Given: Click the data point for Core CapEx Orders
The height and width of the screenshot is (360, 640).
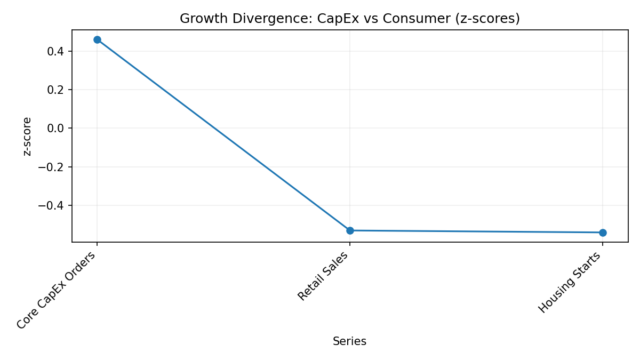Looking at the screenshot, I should [x=97, y=39].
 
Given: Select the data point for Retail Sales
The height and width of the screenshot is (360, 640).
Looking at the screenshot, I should [x=350, y=230].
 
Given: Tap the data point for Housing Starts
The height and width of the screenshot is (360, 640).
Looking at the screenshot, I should [x=603, y=233].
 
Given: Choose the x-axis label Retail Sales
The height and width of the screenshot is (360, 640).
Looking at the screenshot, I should [x=323, y=276].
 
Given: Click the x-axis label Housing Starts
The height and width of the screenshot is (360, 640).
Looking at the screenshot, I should [x=570, y=282].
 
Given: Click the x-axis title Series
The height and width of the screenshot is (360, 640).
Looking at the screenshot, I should [x=349, y=341].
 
